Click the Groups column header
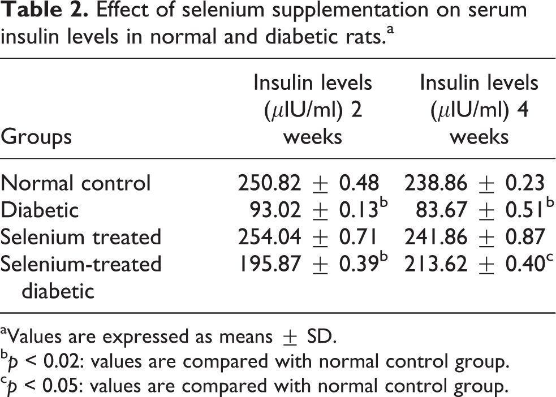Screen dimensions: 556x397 pos(36,137)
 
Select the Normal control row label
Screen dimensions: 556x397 pos(76,183)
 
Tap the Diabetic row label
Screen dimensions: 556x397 pos(40,210)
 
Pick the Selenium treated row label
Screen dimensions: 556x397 pos(81,237)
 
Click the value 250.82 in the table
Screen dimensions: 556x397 pos(269,183)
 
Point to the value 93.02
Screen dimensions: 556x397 pos(275,210)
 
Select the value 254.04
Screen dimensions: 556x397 pos(269,237)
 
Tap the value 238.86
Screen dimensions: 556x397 pos(436,183)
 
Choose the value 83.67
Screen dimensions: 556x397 pos(442,210)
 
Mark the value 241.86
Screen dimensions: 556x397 pos(436,237)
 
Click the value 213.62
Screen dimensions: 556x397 pos(436,264)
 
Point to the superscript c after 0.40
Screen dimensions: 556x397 pos(550,258)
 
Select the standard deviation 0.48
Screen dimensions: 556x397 pos(359,183)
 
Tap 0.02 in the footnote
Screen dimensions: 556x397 pos(63,362)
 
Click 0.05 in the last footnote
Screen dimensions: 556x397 pos(63,386)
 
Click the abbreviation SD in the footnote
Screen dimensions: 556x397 pos(320,336)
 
